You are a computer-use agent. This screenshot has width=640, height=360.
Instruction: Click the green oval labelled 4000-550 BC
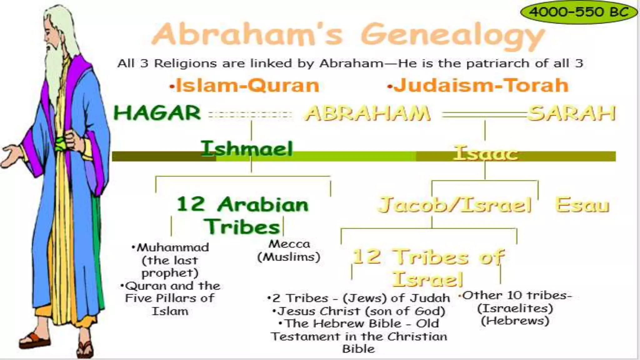(x=579, y=12)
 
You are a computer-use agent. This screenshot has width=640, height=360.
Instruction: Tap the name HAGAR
(x=157, y=113)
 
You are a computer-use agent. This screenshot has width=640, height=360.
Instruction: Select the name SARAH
(x=572, y=113)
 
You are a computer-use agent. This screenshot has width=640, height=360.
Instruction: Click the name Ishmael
(x=247, y=149)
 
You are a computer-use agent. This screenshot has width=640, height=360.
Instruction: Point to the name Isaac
(x=485, y=153)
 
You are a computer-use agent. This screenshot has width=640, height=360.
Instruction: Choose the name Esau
(x=582, y=205)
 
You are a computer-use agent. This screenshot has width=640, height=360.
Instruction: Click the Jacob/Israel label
(x=455, y=205)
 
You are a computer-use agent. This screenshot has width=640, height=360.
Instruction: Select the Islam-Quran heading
(x=245, y=85)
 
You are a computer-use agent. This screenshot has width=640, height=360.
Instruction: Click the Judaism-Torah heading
(x=478, y=85)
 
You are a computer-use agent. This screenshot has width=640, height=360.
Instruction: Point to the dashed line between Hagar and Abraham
(x=250, y=115)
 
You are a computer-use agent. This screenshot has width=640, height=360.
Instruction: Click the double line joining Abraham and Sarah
(x=484, y=115)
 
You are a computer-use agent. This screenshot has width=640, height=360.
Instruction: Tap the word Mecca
(x=289, y=244)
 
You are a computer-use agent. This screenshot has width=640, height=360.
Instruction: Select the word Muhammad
(x=173, y=247)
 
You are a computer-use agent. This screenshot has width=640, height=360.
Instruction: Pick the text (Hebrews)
(x=515, y=321)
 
